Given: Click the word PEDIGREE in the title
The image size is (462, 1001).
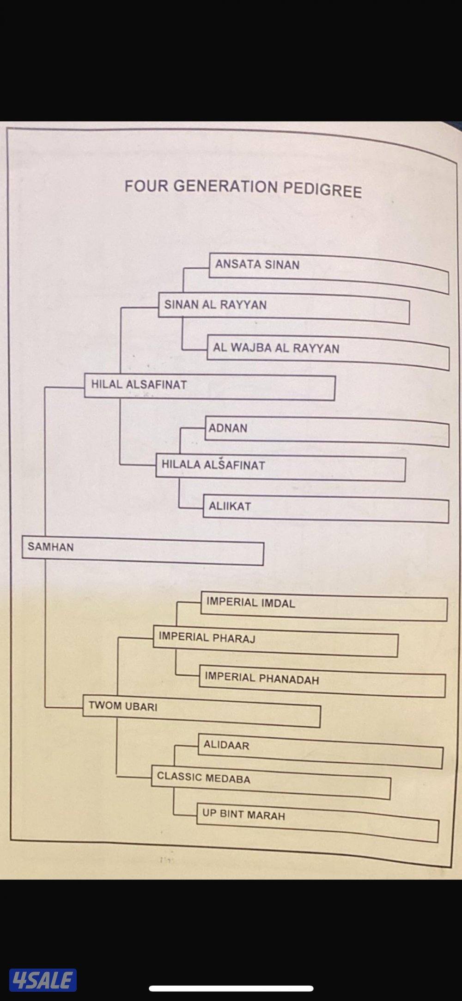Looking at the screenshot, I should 322,190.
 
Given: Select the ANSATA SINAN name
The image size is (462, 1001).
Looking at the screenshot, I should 257,265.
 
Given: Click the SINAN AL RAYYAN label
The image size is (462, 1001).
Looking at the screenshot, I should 215,305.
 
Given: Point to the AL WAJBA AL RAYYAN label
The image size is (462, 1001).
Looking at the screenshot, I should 276,348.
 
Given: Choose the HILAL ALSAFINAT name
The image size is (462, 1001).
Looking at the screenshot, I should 139,384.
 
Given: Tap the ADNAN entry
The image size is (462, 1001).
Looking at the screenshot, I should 228,428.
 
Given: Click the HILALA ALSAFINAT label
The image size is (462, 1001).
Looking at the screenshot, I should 213,465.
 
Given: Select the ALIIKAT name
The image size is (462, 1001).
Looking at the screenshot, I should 230,506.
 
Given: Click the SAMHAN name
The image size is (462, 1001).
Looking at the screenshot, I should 50,547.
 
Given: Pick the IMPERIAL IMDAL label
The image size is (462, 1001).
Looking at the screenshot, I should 250,603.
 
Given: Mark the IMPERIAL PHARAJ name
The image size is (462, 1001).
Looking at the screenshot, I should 207,637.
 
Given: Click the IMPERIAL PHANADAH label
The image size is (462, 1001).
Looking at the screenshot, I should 261,679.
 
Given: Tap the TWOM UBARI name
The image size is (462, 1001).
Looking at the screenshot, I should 123,706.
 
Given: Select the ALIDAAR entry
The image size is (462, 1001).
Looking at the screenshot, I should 226,745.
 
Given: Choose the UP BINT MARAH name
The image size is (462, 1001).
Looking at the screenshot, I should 243,814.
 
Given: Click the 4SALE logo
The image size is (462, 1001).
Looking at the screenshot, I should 43,980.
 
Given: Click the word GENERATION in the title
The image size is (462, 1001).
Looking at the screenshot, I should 225,187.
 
